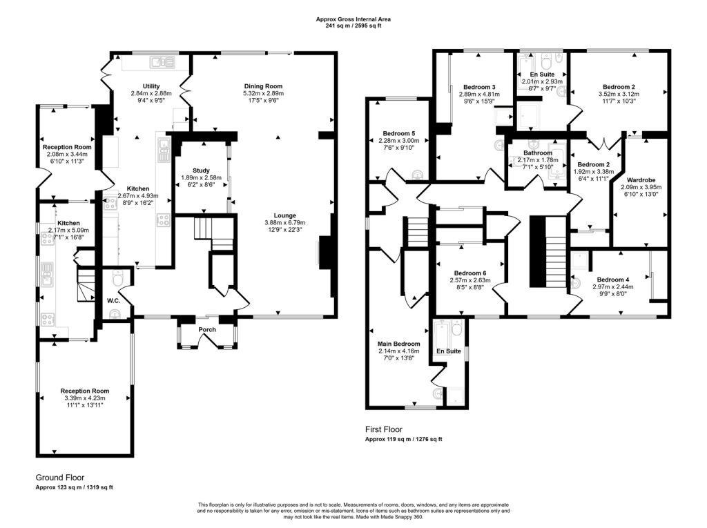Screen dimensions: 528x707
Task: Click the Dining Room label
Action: [x=262, y=86]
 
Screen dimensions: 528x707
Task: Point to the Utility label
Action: [x=151, y=86]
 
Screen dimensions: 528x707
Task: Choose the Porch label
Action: [x=208, y=330]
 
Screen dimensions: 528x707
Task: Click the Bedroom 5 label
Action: [x=398, y=133]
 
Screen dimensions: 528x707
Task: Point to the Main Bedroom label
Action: [x=398, y=343]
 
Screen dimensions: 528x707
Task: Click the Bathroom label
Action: [x=538, y=153]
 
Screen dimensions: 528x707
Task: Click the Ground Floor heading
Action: [x=59, y=477]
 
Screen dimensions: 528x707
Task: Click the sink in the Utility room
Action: [x=160, y=63]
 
